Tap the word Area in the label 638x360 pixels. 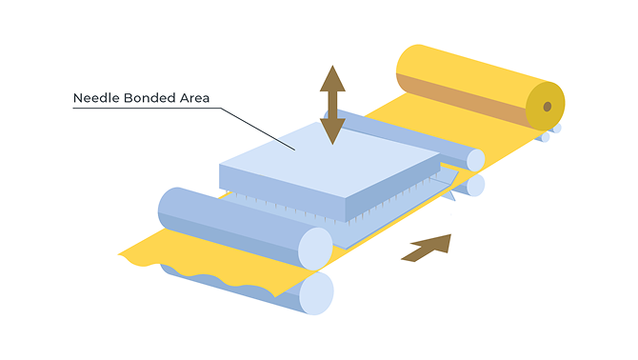[195, 98]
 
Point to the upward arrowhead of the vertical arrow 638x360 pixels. [332, 78]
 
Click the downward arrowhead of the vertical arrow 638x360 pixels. [332, 131]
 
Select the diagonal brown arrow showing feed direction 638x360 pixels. [428, 248]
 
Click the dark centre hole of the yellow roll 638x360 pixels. [548, 107]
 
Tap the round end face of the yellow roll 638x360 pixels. [546, 106]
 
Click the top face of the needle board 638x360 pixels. [329, 160]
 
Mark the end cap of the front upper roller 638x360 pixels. [315, 249]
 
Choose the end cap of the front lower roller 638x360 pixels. [316, 293]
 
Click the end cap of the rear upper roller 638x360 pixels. [475, 160]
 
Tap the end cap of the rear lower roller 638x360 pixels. [476, 185]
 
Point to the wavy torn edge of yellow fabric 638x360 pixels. [195, 273]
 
